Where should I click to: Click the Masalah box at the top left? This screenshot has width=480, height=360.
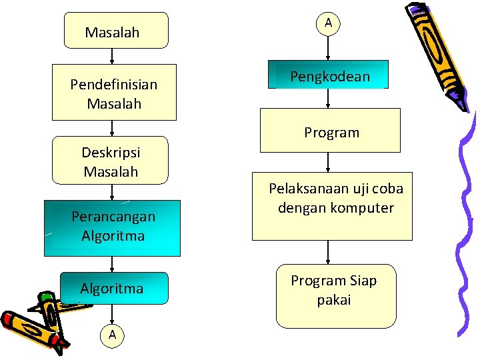[x=115, y=31]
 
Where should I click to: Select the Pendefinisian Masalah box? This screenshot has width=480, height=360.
[x=114, y=93]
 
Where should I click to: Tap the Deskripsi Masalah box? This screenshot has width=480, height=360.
[x=111, y=161]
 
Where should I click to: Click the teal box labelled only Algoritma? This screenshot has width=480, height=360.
[x=113, y=288]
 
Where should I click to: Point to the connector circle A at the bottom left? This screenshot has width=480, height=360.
[x=112, y=335]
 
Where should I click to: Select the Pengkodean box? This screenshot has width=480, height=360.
[x=329, y=75]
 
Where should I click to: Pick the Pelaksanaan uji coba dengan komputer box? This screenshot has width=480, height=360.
[x=331, y=206]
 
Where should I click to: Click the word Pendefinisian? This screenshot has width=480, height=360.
[x=114, y=85]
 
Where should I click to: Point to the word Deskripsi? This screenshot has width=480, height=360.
[x=111, y=152]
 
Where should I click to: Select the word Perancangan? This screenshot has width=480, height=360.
[x=113, y=217]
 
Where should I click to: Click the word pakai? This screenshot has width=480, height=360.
[x=334, y=300]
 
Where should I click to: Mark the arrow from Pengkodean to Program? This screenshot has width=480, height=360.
[x=328, y=99]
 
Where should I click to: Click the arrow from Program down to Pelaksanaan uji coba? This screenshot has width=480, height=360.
[x=328, y=163]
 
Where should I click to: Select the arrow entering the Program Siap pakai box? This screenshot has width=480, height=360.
[x=328, y=252]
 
